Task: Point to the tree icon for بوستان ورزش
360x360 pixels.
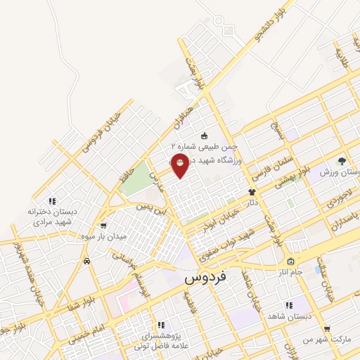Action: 342,160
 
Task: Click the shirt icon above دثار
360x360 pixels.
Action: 250,191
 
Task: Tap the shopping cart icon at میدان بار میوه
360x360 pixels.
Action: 104,226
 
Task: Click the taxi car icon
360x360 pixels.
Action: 86,261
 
